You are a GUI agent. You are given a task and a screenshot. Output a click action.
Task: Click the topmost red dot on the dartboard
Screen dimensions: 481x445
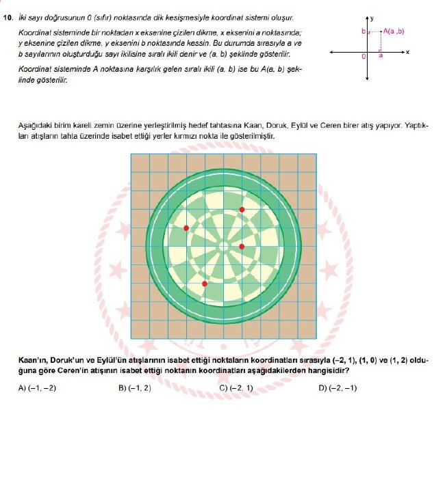coord(242,209)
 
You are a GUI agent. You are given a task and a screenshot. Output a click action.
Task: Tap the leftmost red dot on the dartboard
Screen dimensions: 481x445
coord(186,228)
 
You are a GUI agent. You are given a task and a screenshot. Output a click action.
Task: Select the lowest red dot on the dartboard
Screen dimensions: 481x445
coord(204,283)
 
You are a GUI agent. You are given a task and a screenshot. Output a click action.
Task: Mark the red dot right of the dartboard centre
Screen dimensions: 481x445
coord(242,246)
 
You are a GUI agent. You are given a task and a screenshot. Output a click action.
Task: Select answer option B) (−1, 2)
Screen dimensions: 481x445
coord(135,388)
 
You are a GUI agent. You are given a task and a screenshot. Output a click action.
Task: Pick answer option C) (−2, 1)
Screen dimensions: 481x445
coord(236,388)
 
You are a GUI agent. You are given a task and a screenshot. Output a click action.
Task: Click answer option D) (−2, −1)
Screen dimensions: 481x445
coord(338,388)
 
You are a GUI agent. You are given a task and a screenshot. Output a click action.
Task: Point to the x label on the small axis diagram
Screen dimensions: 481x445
coord(407,52)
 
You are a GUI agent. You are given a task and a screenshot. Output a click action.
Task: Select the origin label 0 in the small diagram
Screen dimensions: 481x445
coord(364,57)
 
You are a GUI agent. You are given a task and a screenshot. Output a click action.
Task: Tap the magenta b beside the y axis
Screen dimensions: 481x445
coord(364,31)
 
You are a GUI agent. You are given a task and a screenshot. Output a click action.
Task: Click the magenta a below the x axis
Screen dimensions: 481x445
coord(380,57)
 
